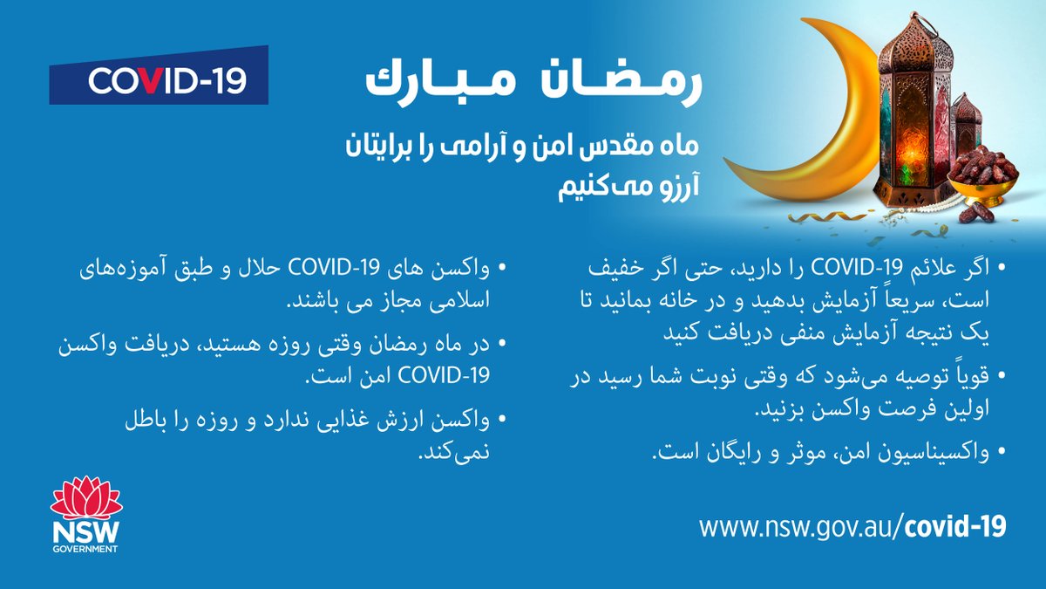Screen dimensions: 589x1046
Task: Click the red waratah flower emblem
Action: pos(86,498)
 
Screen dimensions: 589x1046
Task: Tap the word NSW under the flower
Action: pos(86,533)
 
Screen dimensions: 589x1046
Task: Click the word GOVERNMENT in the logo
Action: pos(86,551)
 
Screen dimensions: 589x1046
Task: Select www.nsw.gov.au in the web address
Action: pos(797,526)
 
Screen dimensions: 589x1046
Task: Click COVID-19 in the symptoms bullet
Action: pos(855,265)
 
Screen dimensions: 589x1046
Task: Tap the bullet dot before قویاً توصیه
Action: pos(1002,377)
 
